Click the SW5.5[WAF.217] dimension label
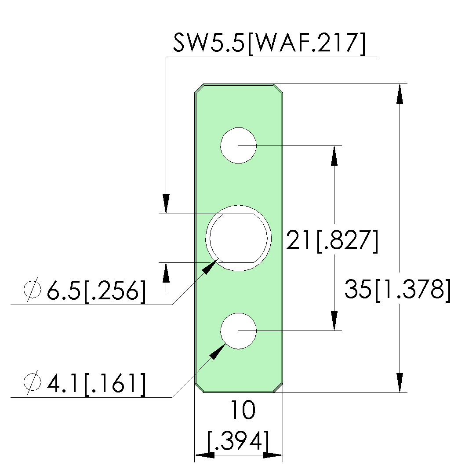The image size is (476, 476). pos(269,44)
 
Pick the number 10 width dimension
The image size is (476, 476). pos(243,410)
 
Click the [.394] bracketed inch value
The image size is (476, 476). pos(238,440)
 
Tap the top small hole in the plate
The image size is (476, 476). pos(238,146)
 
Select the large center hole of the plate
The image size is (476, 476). pos(239,238)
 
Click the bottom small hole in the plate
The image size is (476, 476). pos(238,331)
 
